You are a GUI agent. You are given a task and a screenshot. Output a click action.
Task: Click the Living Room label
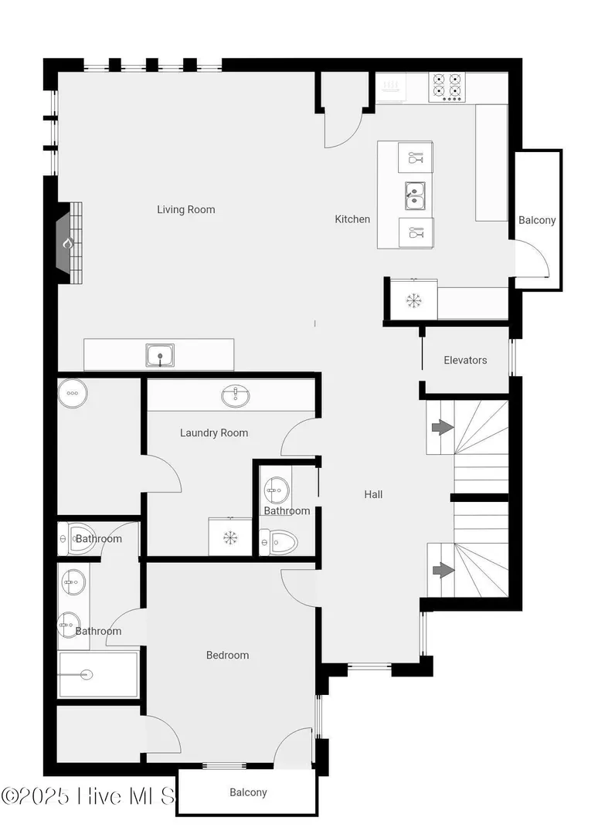[185, 209]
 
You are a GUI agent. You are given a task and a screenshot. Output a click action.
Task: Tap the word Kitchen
[352, 219]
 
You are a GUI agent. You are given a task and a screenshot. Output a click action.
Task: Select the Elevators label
[465, 360]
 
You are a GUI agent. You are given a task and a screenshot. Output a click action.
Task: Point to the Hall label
[373, 494]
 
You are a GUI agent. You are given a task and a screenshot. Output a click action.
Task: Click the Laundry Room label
[214, 433]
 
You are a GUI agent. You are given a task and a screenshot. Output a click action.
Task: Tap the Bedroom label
[227, 656]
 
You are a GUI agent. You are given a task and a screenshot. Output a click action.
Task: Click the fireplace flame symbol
[67, 243]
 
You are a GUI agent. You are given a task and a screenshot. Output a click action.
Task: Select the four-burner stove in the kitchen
[447, 87]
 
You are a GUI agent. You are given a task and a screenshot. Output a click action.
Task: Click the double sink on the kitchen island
[415, 195]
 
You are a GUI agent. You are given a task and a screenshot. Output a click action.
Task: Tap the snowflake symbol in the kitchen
[413, 300]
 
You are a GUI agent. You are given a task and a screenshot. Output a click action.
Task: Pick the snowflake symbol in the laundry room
[229, 537]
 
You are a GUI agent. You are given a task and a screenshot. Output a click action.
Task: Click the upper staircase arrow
[442, 426]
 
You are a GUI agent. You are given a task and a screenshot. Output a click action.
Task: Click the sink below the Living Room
[160, 355]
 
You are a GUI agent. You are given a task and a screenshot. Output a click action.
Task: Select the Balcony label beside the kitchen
[537, 220]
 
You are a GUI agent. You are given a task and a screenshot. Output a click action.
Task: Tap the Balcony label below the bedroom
[248, 792]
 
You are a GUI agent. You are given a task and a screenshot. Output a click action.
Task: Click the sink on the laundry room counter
[235, 396]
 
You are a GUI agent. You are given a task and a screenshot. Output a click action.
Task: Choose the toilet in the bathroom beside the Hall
[278, 542]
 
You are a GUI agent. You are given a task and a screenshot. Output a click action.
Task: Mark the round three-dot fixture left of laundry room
[73, 393]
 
